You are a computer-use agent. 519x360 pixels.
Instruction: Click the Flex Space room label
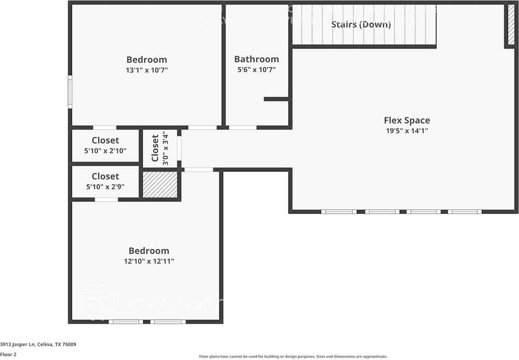(x=407, y=120)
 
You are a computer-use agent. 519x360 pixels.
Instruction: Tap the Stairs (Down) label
(x=361, y=24)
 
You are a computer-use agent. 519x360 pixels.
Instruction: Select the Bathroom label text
(x=256, y=59)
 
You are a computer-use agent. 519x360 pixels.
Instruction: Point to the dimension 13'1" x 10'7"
(x=146, y=70)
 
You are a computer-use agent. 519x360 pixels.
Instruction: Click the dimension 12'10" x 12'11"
(x=149, y=261)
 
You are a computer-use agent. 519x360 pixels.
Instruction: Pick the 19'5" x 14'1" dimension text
(x=407, y=131)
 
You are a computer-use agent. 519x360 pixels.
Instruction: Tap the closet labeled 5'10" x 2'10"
(x=105, y=146)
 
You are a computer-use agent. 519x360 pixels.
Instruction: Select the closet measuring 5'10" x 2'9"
(x=105, y=181)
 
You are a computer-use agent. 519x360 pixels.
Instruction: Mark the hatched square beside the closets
(x=160, y=184)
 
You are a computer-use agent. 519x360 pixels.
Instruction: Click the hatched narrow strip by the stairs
(x=511, y=25)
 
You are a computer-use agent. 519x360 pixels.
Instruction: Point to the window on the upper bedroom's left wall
(x=70, y=92)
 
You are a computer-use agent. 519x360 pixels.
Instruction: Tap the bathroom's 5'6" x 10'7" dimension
(x=256, y=70)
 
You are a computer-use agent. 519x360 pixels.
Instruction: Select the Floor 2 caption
(x=8, y=354)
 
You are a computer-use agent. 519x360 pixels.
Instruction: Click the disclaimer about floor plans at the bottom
(x=293, y=357)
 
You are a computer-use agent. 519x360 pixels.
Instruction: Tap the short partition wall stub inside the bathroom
(x=276, y=99)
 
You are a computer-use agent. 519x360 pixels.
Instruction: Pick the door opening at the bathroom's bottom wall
(x=242, y=127)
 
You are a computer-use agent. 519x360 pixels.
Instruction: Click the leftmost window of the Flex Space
(x=339, y=212)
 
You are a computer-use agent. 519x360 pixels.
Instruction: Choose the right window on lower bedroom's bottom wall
(x=168, y=322)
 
